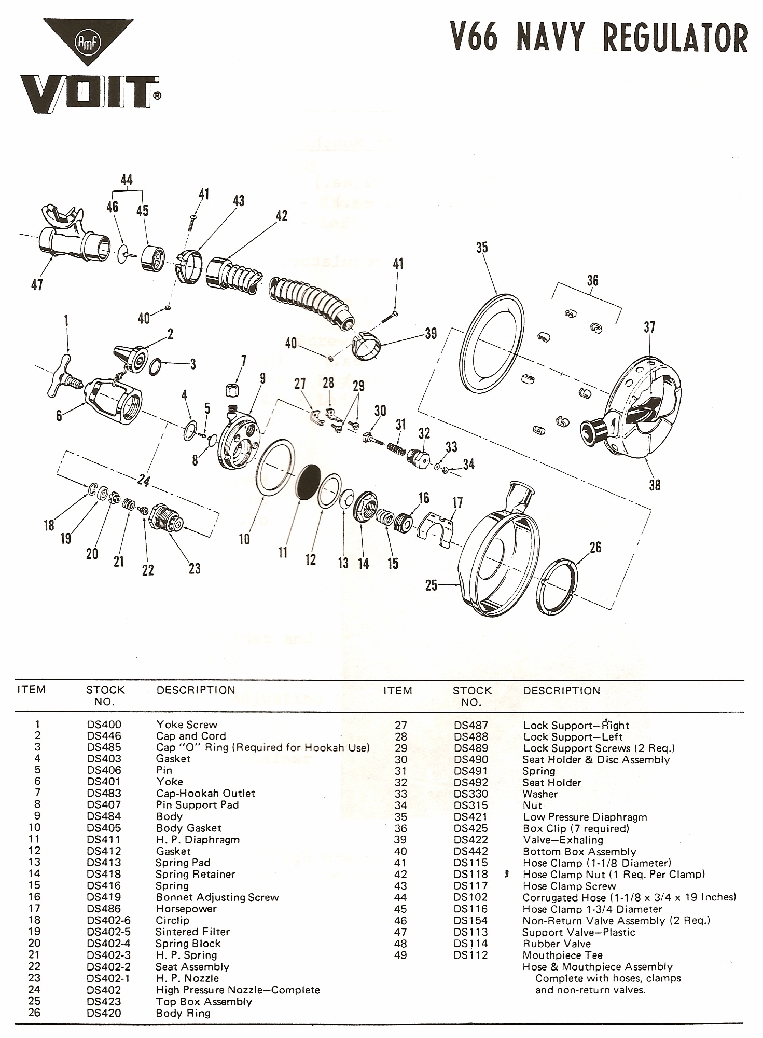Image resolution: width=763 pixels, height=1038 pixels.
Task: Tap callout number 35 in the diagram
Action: point(482,248)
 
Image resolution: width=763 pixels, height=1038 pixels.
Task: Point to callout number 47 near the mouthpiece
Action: point(37,284)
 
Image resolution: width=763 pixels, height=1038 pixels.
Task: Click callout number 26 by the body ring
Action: point(595,547)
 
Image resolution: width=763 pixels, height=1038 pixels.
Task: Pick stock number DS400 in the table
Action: point(104,725)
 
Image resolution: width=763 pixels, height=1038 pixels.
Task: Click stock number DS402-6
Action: point(109,920)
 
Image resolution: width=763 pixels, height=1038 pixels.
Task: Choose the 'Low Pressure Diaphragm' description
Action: point(585,817)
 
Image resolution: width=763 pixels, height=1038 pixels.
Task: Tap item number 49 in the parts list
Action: point(400,955)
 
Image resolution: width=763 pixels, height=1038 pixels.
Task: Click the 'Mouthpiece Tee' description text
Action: point(562,955)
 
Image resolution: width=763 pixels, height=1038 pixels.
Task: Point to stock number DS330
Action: point(471,794)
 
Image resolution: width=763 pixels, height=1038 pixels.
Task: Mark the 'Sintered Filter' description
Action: point(192,932)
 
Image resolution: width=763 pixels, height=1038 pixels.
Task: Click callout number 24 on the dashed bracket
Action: point(143,482)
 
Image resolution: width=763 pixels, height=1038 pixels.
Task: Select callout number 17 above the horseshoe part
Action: point(457,502)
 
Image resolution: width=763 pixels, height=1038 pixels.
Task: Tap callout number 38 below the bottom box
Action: point(655,485)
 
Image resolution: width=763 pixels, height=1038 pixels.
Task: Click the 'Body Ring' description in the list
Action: point(183,1013)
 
